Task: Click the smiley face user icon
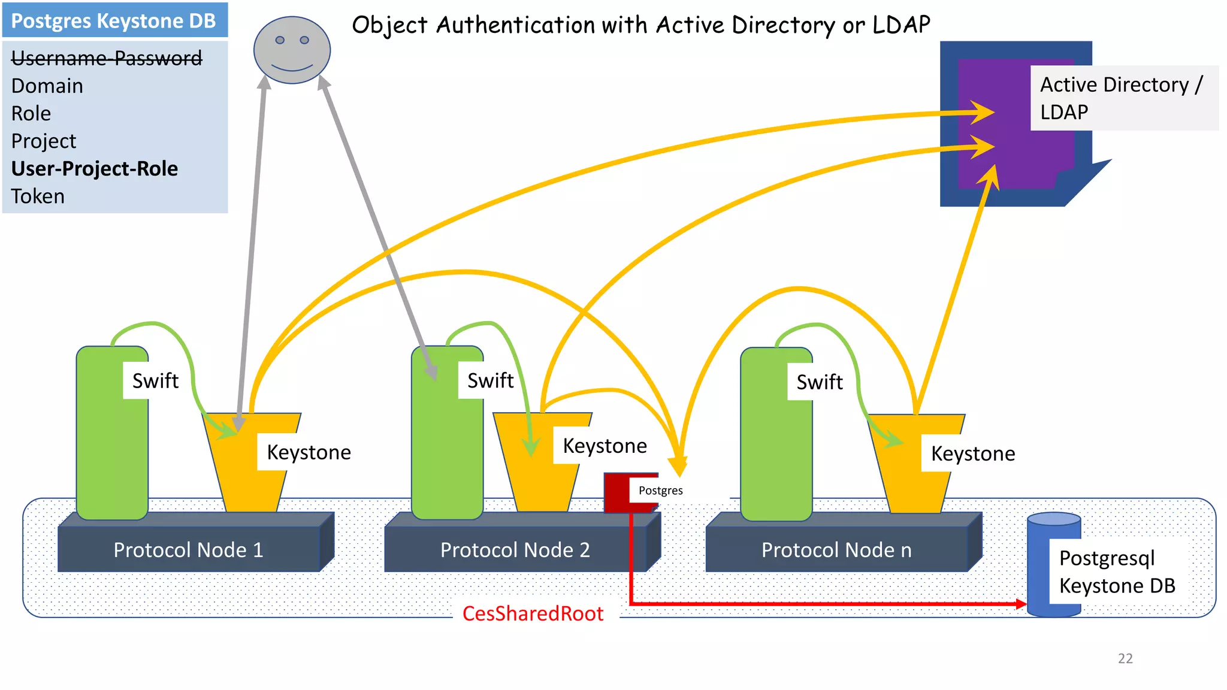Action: click(x=292, y=50)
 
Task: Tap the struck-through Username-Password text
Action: click(x=107, y=58)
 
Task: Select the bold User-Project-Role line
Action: click(x=95, y=169)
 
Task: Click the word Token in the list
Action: click(x=38, y=196)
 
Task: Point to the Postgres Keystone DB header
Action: click(x=114, y=21)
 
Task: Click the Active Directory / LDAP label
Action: click(x=1120, y=98)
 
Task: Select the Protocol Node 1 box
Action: click(x=188, y=549)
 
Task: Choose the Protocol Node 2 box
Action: click(x=515, y=549)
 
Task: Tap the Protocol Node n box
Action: click(x=836, y=549)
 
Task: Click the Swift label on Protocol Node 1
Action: click(x=155, y=381)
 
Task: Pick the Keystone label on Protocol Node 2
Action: click(x=605, y=446)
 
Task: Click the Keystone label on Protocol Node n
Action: click(x=972, y=454)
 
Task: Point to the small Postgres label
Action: click(x=660, y=491)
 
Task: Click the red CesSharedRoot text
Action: click(x=533, y=614)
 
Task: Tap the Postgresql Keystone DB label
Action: click(x=1117, y=572)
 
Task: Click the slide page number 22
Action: click(x=1125, y=658)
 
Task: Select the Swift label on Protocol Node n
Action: click(x=819, y=382)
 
